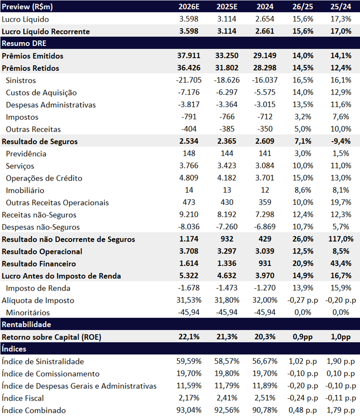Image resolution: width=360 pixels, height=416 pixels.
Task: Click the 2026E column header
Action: pyautogui.click(x=189, y=6)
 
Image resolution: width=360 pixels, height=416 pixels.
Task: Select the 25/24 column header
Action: pyautogui.click(x=340, y=6)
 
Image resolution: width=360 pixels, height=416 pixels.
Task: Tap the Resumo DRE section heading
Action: pyautogui.click(x=24, y=43)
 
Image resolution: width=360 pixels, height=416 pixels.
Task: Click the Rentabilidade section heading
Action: pyautogui.click(x=26, y=324)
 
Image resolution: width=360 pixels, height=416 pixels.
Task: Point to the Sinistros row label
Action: pyautogui.click(x=21, y=80)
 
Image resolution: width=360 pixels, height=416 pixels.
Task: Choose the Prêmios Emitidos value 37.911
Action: pyautogui.click(x=189, y=56)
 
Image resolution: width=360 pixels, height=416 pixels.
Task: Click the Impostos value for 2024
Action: pyautogui.click(x=265, y=117)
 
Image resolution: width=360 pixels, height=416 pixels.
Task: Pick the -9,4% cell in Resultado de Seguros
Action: pyautogui.click(x=340, y=141)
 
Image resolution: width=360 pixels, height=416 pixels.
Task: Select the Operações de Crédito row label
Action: pyautogui.click(x=44, y=178)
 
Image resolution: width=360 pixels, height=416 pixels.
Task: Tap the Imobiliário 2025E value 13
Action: pyautogui.click(x=227, y=190)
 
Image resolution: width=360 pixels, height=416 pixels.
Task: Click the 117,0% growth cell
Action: pyautogui.click(x=340, y=239)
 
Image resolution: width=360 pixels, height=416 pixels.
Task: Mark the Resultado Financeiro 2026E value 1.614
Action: pyautogui.click(x=189, y=263)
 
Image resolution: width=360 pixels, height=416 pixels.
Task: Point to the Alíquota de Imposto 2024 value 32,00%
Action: pyautogui.click(x=265, y=300)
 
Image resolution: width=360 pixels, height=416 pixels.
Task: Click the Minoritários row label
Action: pyautogui.click(x=28, y=313)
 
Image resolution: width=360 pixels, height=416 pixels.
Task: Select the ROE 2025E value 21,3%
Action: pyautogui.click(x=227, y=337)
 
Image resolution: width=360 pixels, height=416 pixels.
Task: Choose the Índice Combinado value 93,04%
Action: pyautogui.click(x=189, y=410)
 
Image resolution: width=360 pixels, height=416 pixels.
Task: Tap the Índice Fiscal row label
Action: pyautogui.click(x=23, y=398)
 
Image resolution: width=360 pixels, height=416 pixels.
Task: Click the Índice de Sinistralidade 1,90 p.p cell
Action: pyautogui.click(x=340, y=361)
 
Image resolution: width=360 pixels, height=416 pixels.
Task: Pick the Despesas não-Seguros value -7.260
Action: pyautogui.click(x=227, y=227)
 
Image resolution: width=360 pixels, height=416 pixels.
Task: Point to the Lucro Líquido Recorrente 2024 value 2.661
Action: pyautogui.click(x=265, y=31)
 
